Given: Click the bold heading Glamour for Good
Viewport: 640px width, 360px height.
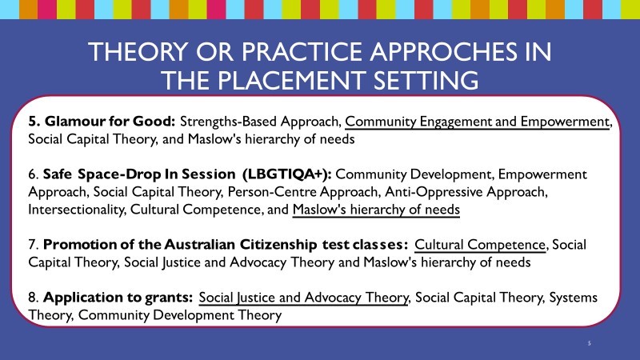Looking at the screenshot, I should [x=102, y=122].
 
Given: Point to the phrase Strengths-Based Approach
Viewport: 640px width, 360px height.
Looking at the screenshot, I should [x=261, y=122].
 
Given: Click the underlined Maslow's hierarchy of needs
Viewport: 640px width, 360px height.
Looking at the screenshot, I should [x=376, y=210].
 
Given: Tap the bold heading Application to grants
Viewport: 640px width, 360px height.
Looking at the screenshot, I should [x=118, y=298].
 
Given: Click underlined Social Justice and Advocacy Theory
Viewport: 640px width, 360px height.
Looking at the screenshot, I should [x=304, y=298].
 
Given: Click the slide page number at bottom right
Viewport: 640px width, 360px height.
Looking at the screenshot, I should [x=586, y=342].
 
